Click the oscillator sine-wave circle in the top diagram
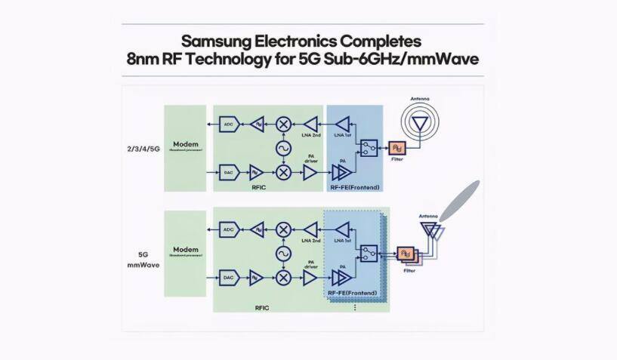[x=284, y=148]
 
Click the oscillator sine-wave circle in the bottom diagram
[x=284, y=253]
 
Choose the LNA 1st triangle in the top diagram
[x=344, y=123]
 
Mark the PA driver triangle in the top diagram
[x=310, y=174]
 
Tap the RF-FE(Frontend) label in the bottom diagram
[x=353, y=291]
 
